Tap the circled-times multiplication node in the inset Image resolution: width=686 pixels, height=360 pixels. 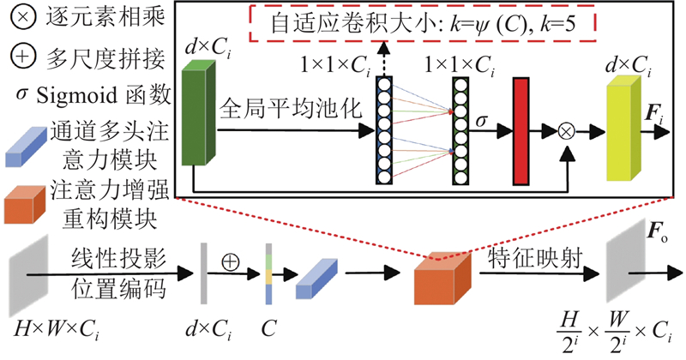(566, 131)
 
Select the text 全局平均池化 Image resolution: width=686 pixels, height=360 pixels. (286, 111)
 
